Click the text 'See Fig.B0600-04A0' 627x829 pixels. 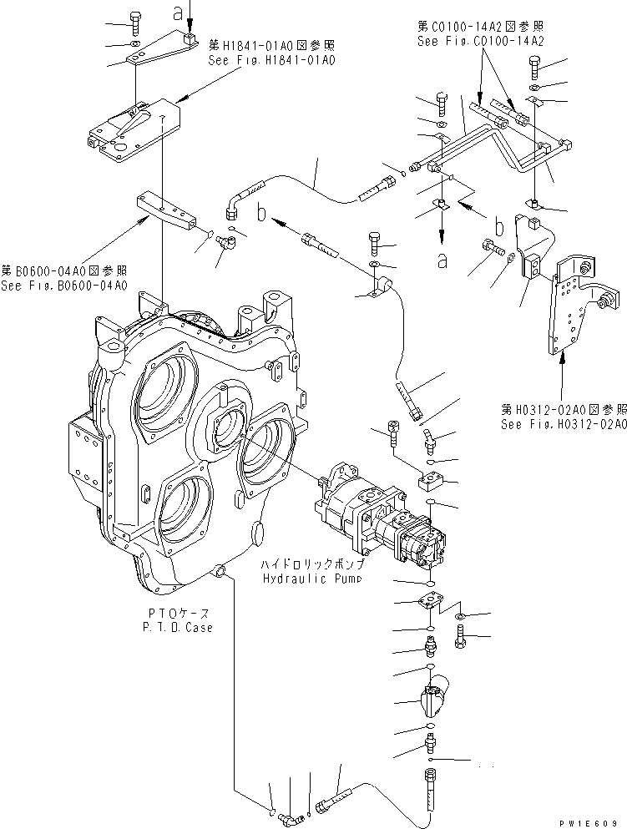pyautogui.click(x=63, y=286)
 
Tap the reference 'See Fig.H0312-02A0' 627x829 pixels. pyautogui.click(x=563, y=423)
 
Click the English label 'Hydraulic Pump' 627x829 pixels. pyautogui.click(x=311, y=579)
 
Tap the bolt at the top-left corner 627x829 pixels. pyautogui.click(x=136, y=19)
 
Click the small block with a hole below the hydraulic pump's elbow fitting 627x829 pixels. pyautogui.click(x=435, y=483)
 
